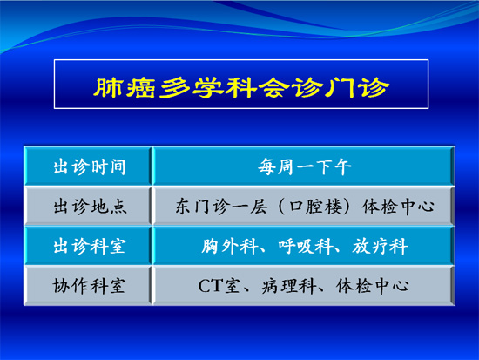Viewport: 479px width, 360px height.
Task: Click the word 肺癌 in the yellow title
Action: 124,87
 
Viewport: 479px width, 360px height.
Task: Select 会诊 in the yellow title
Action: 291,87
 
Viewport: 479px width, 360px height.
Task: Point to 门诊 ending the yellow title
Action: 357,87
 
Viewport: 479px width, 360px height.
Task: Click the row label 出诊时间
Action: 90,167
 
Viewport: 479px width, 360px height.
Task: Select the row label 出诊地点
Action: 90,207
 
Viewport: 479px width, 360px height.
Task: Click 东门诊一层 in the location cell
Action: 221,207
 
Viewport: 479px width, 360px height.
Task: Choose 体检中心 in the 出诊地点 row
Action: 398,207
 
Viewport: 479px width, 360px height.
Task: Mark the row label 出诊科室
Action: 90,246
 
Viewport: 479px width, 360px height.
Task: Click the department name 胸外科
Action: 229,246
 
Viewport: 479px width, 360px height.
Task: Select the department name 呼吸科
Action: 305,246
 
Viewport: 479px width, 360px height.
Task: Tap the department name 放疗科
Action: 380,246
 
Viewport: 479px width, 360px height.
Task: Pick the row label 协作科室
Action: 89,286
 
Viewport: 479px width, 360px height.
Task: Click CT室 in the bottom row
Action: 219,286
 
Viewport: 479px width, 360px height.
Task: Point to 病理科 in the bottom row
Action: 288,286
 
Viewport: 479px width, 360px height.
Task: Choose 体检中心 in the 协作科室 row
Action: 372,286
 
